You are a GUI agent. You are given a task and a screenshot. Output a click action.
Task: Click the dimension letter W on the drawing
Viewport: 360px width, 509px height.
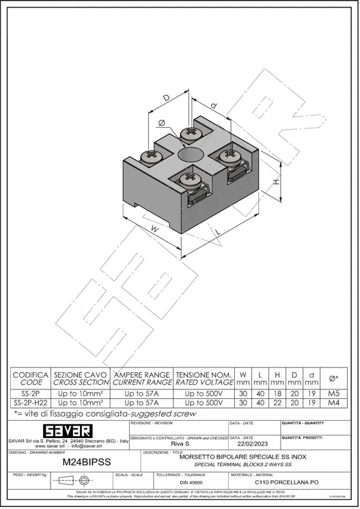tap(154, 230)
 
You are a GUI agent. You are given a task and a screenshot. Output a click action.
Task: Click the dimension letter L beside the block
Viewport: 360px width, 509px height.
tap(217, 232)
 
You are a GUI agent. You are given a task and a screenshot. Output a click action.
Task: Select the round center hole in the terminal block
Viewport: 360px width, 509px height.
tap(189, 156)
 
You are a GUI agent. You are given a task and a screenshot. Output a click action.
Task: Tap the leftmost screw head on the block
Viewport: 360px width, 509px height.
tap(150, 157)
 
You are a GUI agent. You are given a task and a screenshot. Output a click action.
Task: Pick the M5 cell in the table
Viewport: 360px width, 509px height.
tap(334, 394)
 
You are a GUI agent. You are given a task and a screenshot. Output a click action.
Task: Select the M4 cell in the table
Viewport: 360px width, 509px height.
tap(334, 403)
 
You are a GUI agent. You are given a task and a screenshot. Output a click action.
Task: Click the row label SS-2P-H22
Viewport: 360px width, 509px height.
tap(31, 403)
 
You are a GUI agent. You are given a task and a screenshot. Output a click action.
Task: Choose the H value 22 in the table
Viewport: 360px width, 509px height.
tap(277, 403)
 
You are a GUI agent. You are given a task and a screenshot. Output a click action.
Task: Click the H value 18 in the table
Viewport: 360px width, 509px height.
tap(277, 394)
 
